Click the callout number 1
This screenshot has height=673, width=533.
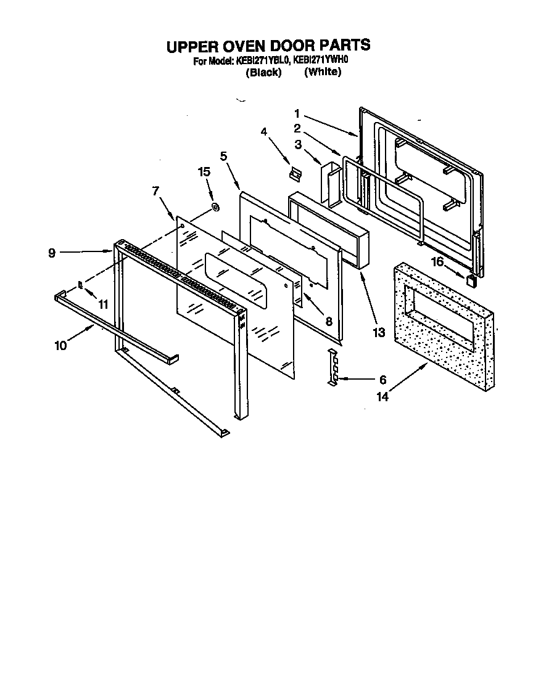coord(297,113)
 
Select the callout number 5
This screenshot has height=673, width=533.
coord(223,157)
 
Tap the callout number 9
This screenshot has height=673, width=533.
coord(52,252)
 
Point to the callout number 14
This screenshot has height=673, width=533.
coord(383,398)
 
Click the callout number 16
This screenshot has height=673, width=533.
coord(437,262)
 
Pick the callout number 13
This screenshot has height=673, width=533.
coord(378,332)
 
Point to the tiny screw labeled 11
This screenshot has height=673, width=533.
coord(80,285)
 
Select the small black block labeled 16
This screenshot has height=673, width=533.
coord(472,281)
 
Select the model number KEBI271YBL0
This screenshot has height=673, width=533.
coord(262,61)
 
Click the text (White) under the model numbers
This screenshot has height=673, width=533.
coord(323,72)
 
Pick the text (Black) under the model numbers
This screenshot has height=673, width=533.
coord(263,72)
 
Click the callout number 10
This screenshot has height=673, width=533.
coord(60,345)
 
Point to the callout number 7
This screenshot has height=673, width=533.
coord(155,191)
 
